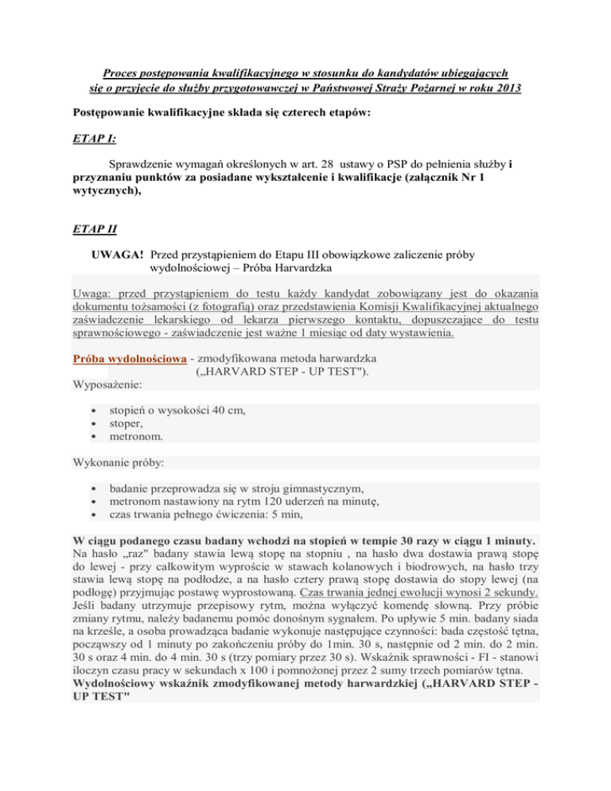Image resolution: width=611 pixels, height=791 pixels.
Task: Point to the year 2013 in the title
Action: point(505,88)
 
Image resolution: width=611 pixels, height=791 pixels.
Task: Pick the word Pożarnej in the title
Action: point(414,88)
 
